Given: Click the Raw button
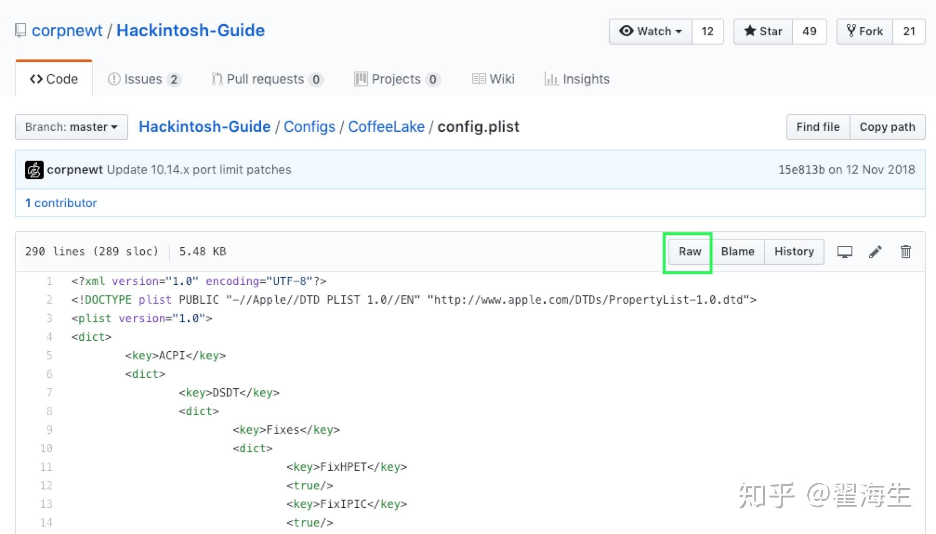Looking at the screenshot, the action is (x=689, y=252).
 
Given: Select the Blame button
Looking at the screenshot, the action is (x=737, y=252).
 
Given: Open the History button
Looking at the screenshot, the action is (x=794, y=252).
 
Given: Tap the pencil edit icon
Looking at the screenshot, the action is (x=875, y=252).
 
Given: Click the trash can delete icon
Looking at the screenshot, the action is (x=905, y=252).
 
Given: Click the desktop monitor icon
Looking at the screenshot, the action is (x=844, y=252).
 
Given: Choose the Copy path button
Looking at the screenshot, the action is (x=887, y=127).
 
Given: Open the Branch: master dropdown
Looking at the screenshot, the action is (x=71, y=127).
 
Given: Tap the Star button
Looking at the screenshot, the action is (x=763, y=32).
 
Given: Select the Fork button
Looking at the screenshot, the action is (x=864, y=32).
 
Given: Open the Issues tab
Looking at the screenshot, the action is (x=144, y=79).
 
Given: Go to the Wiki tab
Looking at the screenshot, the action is (x=493, y=79).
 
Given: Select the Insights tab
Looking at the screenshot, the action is (x=577, y=79).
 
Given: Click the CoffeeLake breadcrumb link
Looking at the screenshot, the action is (x=386, y=127).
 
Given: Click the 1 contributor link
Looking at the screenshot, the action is (x=61, y=203).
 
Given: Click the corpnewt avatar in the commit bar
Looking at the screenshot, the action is (x=34, y=170).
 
